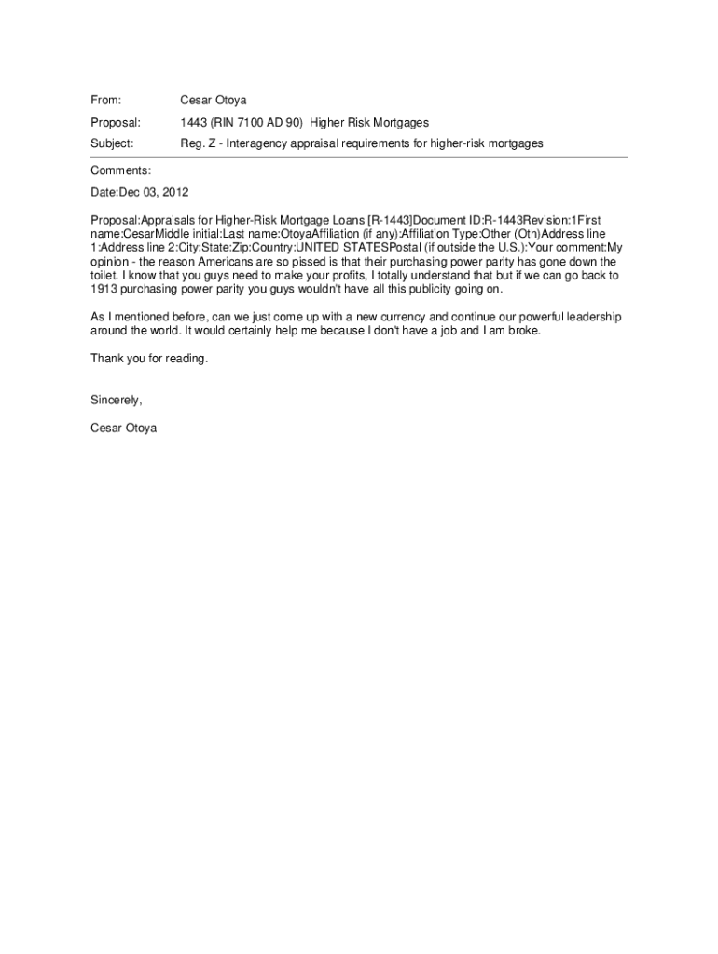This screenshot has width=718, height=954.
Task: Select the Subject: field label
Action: click(112, 144)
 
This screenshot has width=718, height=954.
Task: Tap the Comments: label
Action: click(120, 170)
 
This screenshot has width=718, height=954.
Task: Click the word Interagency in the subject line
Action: click(266, 144)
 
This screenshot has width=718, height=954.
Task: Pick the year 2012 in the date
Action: click(174, 193)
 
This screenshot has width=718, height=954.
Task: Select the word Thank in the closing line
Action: click(105, 359)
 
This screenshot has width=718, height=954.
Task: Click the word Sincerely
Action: click(116, 400)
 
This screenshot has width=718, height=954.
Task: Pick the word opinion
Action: click(110, 262)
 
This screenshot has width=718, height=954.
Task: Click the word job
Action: click(438, 332)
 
